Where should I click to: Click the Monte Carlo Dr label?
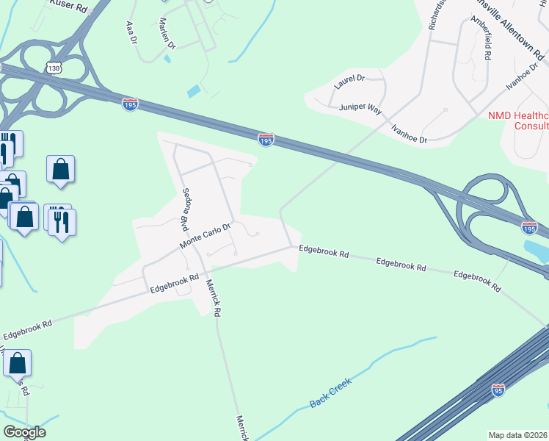(x=206, y=236)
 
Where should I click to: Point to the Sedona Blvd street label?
(x=187, y=207)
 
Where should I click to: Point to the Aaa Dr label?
(x=132, y=32)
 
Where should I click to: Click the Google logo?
(x=24, y=432)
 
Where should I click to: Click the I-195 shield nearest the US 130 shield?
(x=130, y=104)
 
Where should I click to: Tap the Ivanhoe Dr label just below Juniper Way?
(x=409, y=132)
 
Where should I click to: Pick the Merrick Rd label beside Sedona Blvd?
(x=214, y=297)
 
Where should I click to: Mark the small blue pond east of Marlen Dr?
(x=194, y=92)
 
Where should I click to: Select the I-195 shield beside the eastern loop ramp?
(x=529, y=228)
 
